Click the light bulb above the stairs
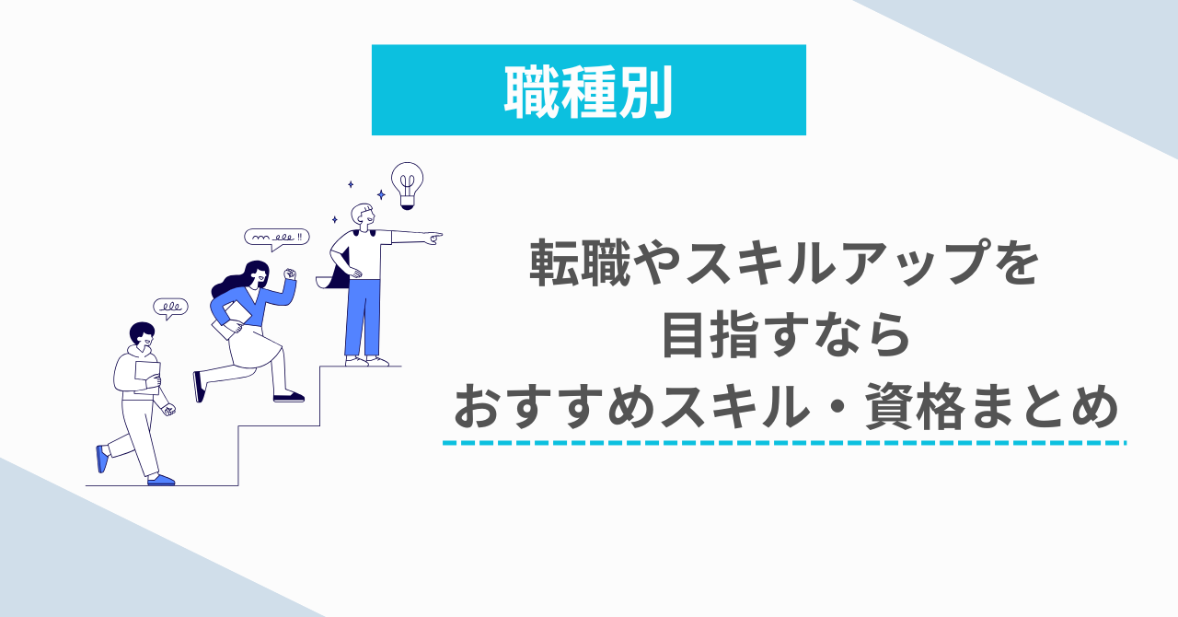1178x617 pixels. pyautogui.click(x=407, y=185)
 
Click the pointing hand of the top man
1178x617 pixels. pyautogui.click(x=434, y=238)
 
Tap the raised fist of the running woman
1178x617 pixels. pyautogui.click(x=290, y=274)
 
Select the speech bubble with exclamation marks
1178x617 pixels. pyautogui.click(x=277, y=239)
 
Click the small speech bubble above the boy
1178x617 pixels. pyautogui.click(x=170, y=308)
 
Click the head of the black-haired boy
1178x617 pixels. pyautogui.click(x=143, y=335)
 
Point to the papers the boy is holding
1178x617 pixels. pyautogui.click(x=147, y=377)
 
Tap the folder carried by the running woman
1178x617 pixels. pyautogui.click(x=231, y=320)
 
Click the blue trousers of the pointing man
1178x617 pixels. pyautogui.click(x=363, y=318)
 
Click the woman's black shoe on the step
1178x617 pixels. pyautogui.click(x=289, y=398)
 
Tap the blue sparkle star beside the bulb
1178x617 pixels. pyautogui.click(x=381, y=195)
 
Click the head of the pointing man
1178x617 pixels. pyautogui.click(x=363, y=215)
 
